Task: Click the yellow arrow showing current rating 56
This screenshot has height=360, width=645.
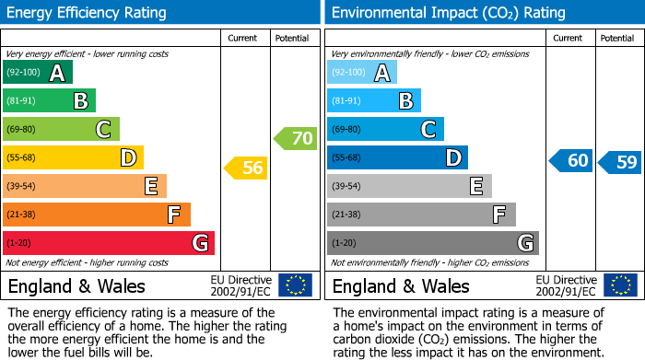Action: point(246,168)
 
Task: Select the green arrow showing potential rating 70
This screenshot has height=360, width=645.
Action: point(296,139)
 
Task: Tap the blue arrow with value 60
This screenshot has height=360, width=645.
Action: point(571,161)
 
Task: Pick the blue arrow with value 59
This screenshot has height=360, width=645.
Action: point(620,162)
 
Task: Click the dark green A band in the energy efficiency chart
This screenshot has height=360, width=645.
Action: point(37,73)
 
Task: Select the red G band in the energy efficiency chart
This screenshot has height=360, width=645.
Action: point(108,243)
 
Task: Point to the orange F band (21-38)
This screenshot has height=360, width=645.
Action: point(96,215)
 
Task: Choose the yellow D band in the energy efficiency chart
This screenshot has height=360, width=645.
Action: point(73,158)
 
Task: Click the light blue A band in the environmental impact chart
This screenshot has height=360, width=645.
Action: point(362,73)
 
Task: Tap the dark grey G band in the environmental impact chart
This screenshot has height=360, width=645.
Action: point(432,243)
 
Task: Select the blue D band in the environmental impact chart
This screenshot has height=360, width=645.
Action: point(397,158)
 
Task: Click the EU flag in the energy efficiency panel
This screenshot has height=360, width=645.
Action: point(295,285)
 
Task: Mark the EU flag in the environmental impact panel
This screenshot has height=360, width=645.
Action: point(619,285)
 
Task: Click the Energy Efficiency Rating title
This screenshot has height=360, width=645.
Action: point(88,13)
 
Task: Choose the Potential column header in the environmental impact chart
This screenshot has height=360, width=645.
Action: point(617,38)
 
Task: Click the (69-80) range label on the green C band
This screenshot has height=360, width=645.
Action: point(22,130)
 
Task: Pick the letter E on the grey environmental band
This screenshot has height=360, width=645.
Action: point(476,186)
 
